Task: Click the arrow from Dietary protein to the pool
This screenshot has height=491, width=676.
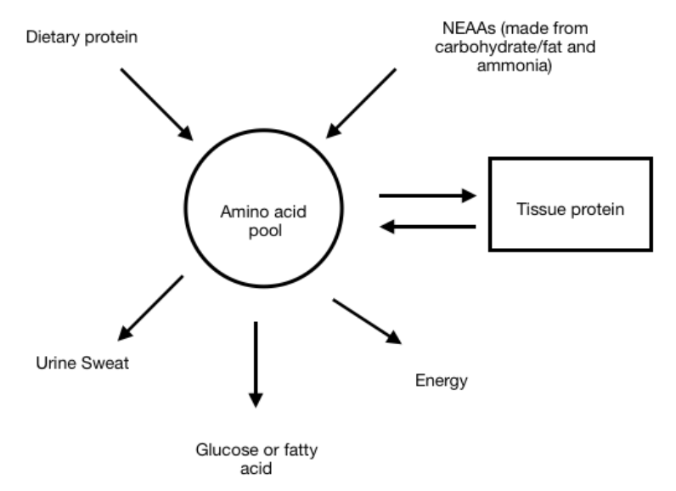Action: [156, 104]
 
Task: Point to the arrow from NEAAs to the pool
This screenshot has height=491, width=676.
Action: [362, 103]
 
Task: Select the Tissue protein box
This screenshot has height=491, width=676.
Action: [569, 204]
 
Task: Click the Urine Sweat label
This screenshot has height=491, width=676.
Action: [70, 365]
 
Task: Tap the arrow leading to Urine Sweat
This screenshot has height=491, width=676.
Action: [152, 307]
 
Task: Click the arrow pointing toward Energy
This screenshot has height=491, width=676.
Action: [366, 320]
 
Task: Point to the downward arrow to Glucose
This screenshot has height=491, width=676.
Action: [256, 364]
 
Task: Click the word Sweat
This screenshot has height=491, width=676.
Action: [91, 365]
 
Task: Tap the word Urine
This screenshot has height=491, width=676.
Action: [50, 365]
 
